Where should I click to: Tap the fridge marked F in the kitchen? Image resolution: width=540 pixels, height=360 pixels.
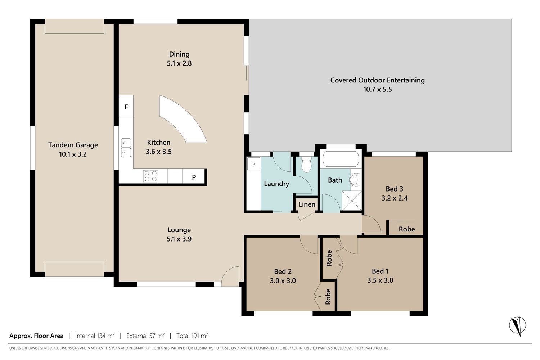[126, 106]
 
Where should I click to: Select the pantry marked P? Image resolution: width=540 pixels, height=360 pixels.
[194, 177]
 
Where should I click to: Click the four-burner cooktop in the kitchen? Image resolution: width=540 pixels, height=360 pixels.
[150, 176]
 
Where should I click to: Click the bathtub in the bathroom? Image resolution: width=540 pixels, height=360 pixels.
[341, 159]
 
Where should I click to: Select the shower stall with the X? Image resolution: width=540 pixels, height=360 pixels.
[352, 201]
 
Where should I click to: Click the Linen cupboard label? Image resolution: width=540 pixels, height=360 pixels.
[307, 204]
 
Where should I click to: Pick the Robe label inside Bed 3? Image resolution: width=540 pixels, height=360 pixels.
[407, 229]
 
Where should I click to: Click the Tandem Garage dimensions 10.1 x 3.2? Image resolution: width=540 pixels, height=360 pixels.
[73, 154]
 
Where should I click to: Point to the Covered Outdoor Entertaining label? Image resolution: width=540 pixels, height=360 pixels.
[378, 80]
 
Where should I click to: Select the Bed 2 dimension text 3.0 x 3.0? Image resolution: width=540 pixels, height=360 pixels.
[283, 281]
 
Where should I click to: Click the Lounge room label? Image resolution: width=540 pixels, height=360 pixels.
[179, 230]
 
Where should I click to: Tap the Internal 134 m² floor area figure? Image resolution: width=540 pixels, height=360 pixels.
[95, 336]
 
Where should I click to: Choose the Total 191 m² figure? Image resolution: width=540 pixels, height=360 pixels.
[192, 336]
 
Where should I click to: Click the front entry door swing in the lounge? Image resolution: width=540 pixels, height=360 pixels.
[230, 276]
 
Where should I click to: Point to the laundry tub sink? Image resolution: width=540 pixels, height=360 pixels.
[253, 164]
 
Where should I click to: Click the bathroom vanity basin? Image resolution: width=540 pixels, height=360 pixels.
[354, 180]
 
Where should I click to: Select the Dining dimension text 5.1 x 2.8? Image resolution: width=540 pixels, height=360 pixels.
[179, 63]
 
